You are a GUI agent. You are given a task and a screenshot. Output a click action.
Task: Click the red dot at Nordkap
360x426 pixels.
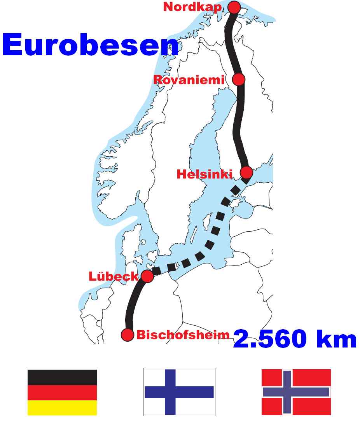234,7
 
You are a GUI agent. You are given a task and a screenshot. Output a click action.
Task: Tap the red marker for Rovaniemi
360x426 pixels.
238,79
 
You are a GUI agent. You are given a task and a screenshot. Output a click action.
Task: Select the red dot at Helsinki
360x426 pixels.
246,172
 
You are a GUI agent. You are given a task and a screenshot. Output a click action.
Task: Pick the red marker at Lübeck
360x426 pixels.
147,276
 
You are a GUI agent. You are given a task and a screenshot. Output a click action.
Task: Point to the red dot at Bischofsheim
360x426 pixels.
128,334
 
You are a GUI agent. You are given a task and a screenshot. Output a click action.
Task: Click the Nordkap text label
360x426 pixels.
193,7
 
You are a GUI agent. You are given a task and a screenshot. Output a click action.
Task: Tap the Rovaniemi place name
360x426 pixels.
189,80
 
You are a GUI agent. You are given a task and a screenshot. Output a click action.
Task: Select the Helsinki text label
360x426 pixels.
204,174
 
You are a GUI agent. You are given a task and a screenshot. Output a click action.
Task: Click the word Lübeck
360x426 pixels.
114,276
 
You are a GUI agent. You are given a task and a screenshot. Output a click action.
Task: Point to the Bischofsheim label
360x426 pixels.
183,335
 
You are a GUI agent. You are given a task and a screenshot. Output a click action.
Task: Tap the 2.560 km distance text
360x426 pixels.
295,339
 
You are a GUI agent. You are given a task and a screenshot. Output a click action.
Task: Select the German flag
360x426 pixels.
62,392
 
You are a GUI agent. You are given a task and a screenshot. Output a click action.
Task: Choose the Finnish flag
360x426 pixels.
179,392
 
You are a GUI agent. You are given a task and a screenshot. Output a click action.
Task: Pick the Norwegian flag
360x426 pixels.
296,392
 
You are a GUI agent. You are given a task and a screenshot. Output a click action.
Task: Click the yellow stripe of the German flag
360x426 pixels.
62,408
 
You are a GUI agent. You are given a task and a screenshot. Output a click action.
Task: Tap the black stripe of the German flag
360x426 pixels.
62,377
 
